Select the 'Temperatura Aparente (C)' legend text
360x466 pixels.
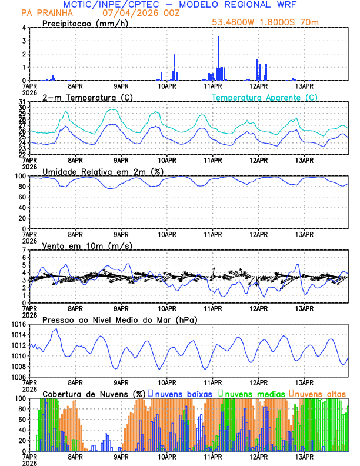[x=265, y=97]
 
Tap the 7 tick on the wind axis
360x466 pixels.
[x=24, y=250]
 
